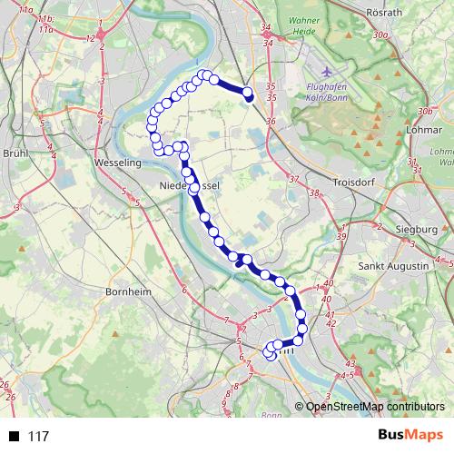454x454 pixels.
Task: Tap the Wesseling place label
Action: (115, 163)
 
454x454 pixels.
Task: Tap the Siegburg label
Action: (418, 229)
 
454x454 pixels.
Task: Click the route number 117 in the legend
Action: (38, 437)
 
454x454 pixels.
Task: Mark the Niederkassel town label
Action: (191, 186)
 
